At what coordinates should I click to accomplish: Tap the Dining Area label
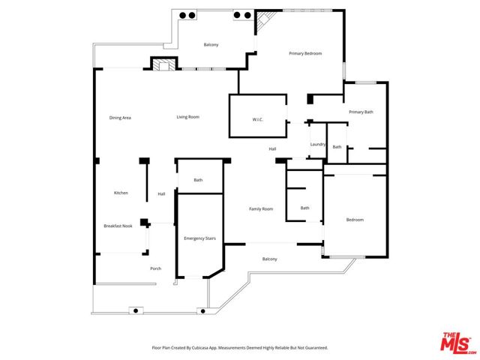pyautogui.click(x=120, y=118)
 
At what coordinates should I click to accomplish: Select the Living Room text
pyautogui.click(x=187, y=117)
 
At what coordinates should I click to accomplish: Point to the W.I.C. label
pyautogui.click(x=257, y=120)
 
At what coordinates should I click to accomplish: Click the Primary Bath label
pyautogui.click(x=361, y=112)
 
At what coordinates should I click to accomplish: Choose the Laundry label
pyautogui.click(x=316, y=145)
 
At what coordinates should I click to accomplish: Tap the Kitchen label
pyautogui.click(x=121, y=193)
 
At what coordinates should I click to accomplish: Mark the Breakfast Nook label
pyautogui.click(x=118, y=226)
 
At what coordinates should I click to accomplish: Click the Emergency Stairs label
pyautogui.click(x=199, y=238)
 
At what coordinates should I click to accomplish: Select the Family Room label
pyautogui.click(x=260, y=208)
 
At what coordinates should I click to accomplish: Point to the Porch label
pyautogui.click(x=156, y=268)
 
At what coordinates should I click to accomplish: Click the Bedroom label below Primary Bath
pyautogui.click(x=355, y=220)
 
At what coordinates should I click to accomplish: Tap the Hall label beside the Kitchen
pyautogui.click(x=161, y=194)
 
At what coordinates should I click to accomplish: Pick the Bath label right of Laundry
pyautogui.click(x=337, y=147)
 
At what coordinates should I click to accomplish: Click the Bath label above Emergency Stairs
pyautogui.click(x=198, y=180)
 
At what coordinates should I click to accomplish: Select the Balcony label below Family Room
pyautogui.click(x=269, y=259)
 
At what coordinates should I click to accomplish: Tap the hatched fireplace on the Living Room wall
pyautogui.click(x=163, y=64)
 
